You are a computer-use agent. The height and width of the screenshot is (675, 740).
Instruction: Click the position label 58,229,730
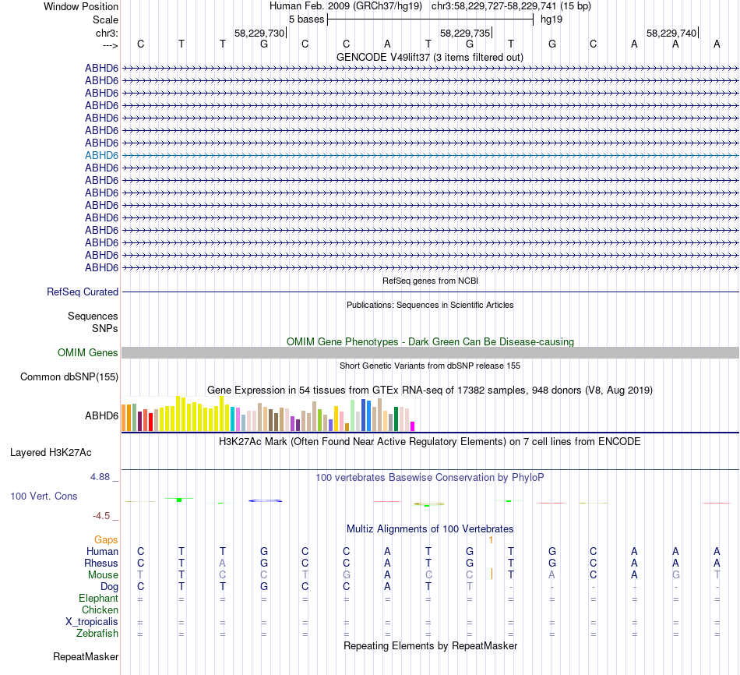click(x=259, y=34)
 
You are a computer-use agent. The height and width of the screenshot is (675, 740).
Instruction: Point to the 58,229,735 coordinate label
click(x=465, y=34)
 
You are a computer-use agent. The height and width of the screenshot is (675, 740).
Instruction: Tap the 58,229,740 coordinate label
click(x=671, y=34)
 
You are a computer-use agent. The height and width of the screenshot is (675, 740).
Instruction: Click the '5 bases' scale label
click(x=306, y=19)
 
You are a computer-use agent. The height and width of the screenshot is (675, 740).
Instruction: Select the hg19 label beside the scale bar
click(x=551, y=19)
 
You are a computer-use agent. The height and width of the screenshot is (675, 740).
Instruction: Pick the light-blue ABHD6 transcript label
click(x=101, y=155)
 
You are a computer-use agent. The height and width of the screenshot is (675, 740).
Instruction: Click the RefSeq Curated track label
click(x=83, y=292)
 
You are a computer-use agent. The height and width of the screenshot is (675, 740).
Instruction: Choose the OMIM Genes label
click(x=88, y=352)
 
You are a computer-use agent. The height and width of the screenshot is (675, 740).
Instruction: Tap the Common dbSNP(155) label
click(x=69, y=377)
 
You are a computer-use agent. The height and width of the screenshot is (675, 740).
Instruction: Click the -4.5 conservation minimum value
click(x=104, y=515)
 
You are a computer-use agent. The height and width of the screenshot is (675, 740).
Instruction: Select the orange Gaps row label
click(x=106, y=539)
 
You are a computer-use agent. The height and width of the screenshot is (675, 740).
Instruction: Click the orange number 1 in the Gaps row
click(x=491, y=539)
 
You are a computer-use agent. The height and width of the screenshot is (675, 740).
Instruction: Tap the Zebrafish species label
click(x=97, y=634)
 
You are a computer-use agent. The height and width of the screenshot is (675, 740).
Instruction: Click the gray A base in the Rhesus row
click(x=223, y=563)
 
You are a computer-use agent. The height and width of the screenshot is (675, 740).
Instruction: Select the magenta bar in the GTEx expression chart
click(x=412, y=426)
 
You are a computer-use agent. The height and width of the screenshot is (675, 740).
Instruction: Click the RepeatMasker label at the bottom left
click(x=86, y=657)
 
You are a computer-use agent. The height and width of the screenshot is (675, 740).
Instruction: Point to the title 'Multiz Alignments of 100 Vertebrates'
click(x=430, y=528)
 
